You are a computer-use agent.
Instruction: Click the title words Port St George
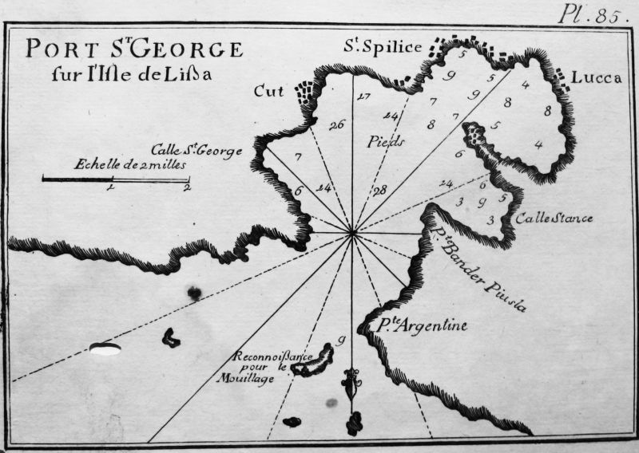click(133, 49)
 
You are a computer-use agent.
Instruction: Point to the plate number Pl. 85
click(589, 14)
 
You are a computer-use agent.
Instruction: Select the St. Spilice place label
click(382, 48)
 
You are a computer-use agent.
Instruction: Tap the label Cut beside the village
click(269, 91)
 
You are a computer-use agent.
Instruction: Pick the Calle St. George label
click(196, 150)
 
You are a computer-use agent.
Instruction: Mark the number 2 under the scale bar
click(185, 188)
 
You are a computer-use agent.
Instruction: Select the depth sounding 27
click(364, 97)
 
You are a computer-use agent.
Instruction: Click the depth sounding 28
click(379, 189)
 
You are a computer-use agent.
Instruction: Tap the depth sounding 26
click(335, 124)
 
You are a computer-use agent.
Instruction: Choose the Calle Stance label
click(553, 218)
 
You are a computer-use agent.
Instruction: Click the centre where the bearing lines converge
click(352, 233)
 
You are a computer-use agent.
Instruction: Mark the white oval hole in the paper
click(105, 348)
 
